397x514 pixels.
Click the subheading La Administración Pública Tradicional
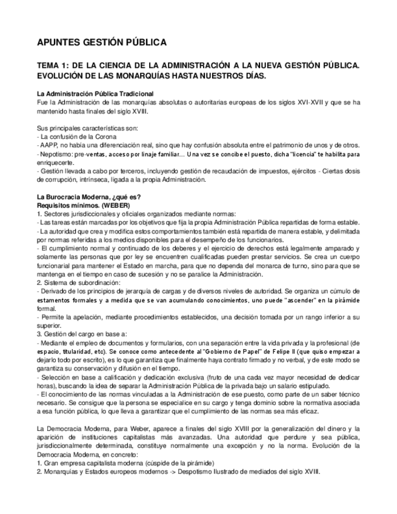point(95,94)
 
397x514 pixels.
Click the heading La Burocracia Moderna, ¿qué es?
point(88,197)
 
